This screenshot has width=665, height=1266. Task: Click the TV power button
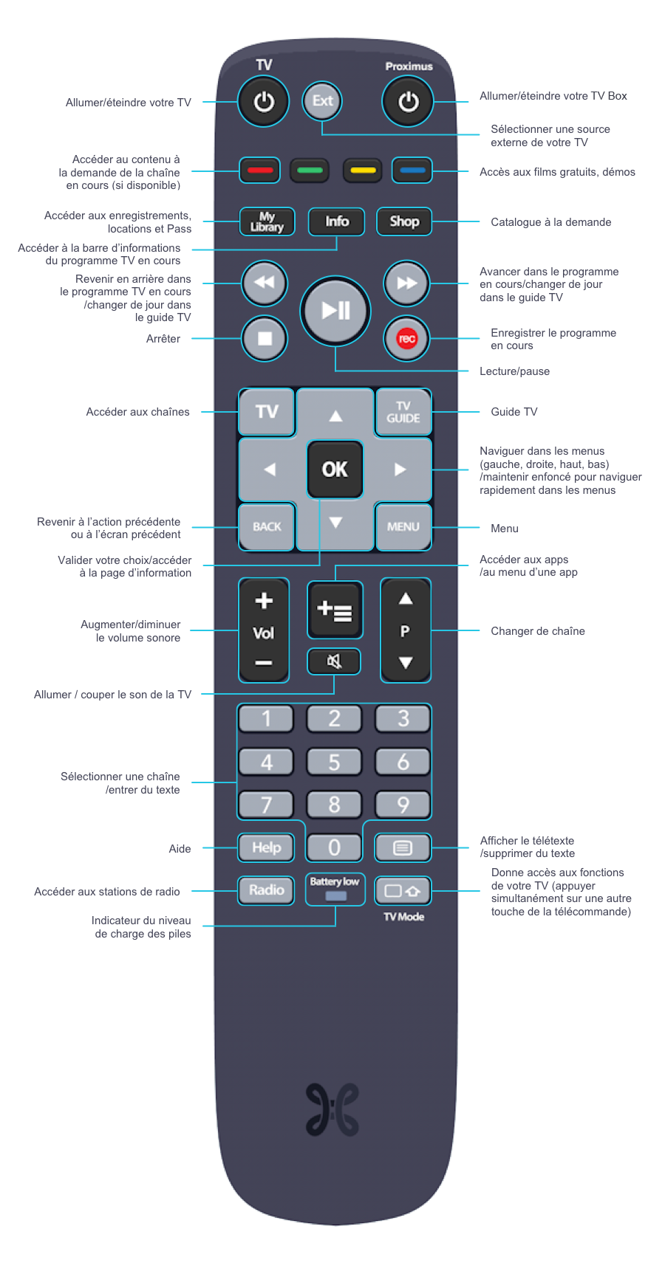pyautogui.click(x=264, y=102)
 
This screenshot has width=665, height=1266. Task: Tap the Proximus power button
pyautogui.click(x=408, y=102)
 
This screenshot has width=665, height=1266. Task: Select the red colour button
pyautogui.click(x=259, y=171)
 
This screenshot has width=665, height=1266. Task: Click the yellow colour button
pyautogui.click(x=362, y=171)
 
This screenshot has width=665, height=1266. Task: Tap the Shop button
pyautogui.click(x=404, y=221)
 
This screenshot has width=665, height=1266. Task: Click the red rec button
pyautogui.click(x=406, y=339)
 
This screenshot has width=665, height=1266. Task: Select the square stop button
pyautogui.click(x=265, y=339)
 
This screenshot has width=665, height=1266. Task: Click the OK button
pyautogui.click(x=335, y=469)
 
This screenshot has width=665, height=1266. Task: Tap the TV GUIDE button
pyautogui.click(x=403, y=412)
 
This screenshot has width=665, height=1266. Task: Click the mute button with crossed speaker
pyautogui.click(x=334, y=661)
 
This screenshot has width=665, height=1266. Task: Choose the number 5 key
pyautogui.click(x=334, y=762)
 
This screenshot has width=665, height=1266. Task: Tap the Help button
pyautogui.click(x=266, y=847)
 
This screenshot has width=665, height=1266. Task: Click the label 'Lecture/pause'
pyautogui.click(x=514, y=371)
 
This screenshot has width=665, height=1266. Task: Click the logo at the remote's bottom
pyautogui.click(x=332, y=1109)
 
